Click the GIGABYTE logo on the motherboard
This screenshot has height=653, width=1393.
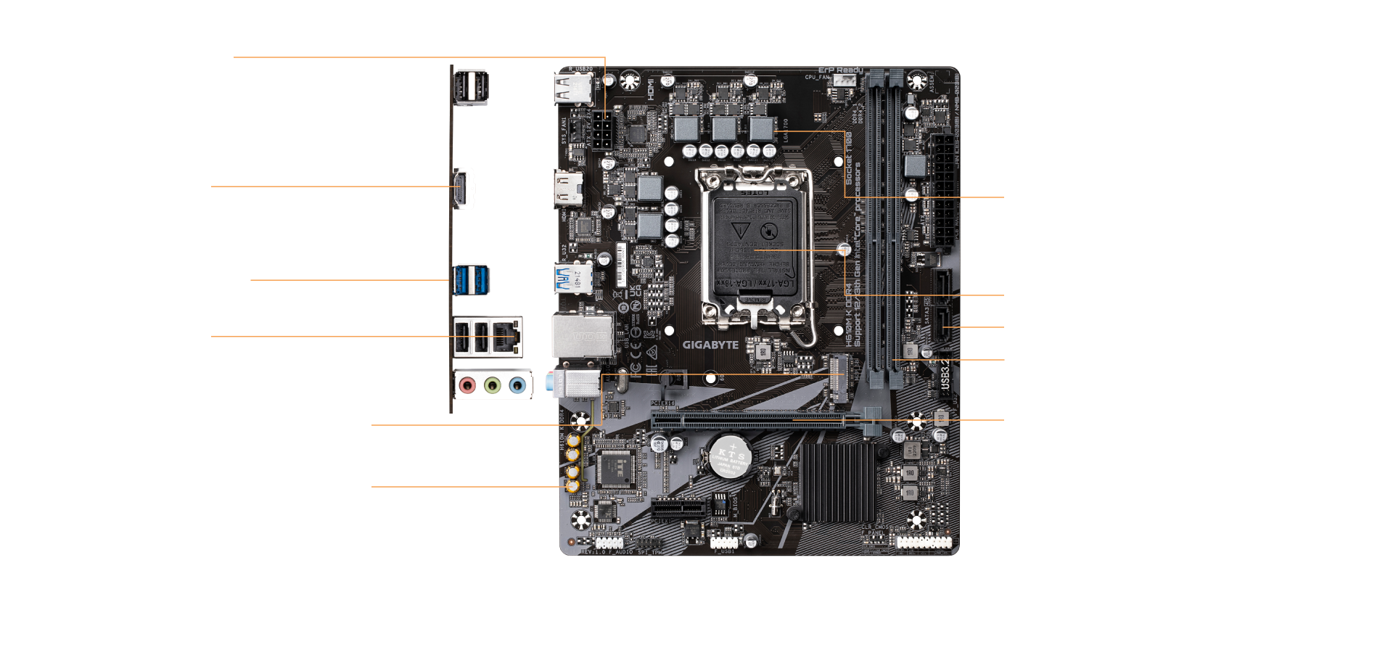click(x=710, y=345)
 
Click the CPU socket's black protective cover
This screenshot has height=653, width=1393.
click(x=755, y=239)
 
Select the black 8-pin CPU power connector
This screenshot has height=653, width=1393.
click(x=601, y=131)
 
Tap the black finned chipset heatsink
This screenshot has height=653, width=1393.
click(x=838, y=482)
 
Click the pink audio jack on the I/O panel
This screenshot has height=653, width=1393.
click(x=468, y=385)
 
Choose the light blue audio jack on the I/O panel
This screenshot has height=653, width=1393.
click(x=517, y=385)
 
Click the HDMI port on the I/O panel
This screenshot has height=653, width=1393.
click(x=464, y=189)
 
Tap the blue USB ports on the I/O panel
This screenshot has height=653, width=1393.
click(x=471, y=280)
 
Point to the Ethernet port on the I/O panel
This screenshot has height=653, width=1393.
click(x=506, y=336)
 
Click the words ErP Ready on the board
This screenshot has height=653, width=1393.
click(x=840, y=70)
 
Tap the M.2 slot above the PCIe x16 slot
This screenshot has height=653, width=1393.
click(x=838, y=377)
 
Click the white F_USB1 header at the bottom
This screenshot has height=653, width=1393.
click(x=723, y=542)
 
